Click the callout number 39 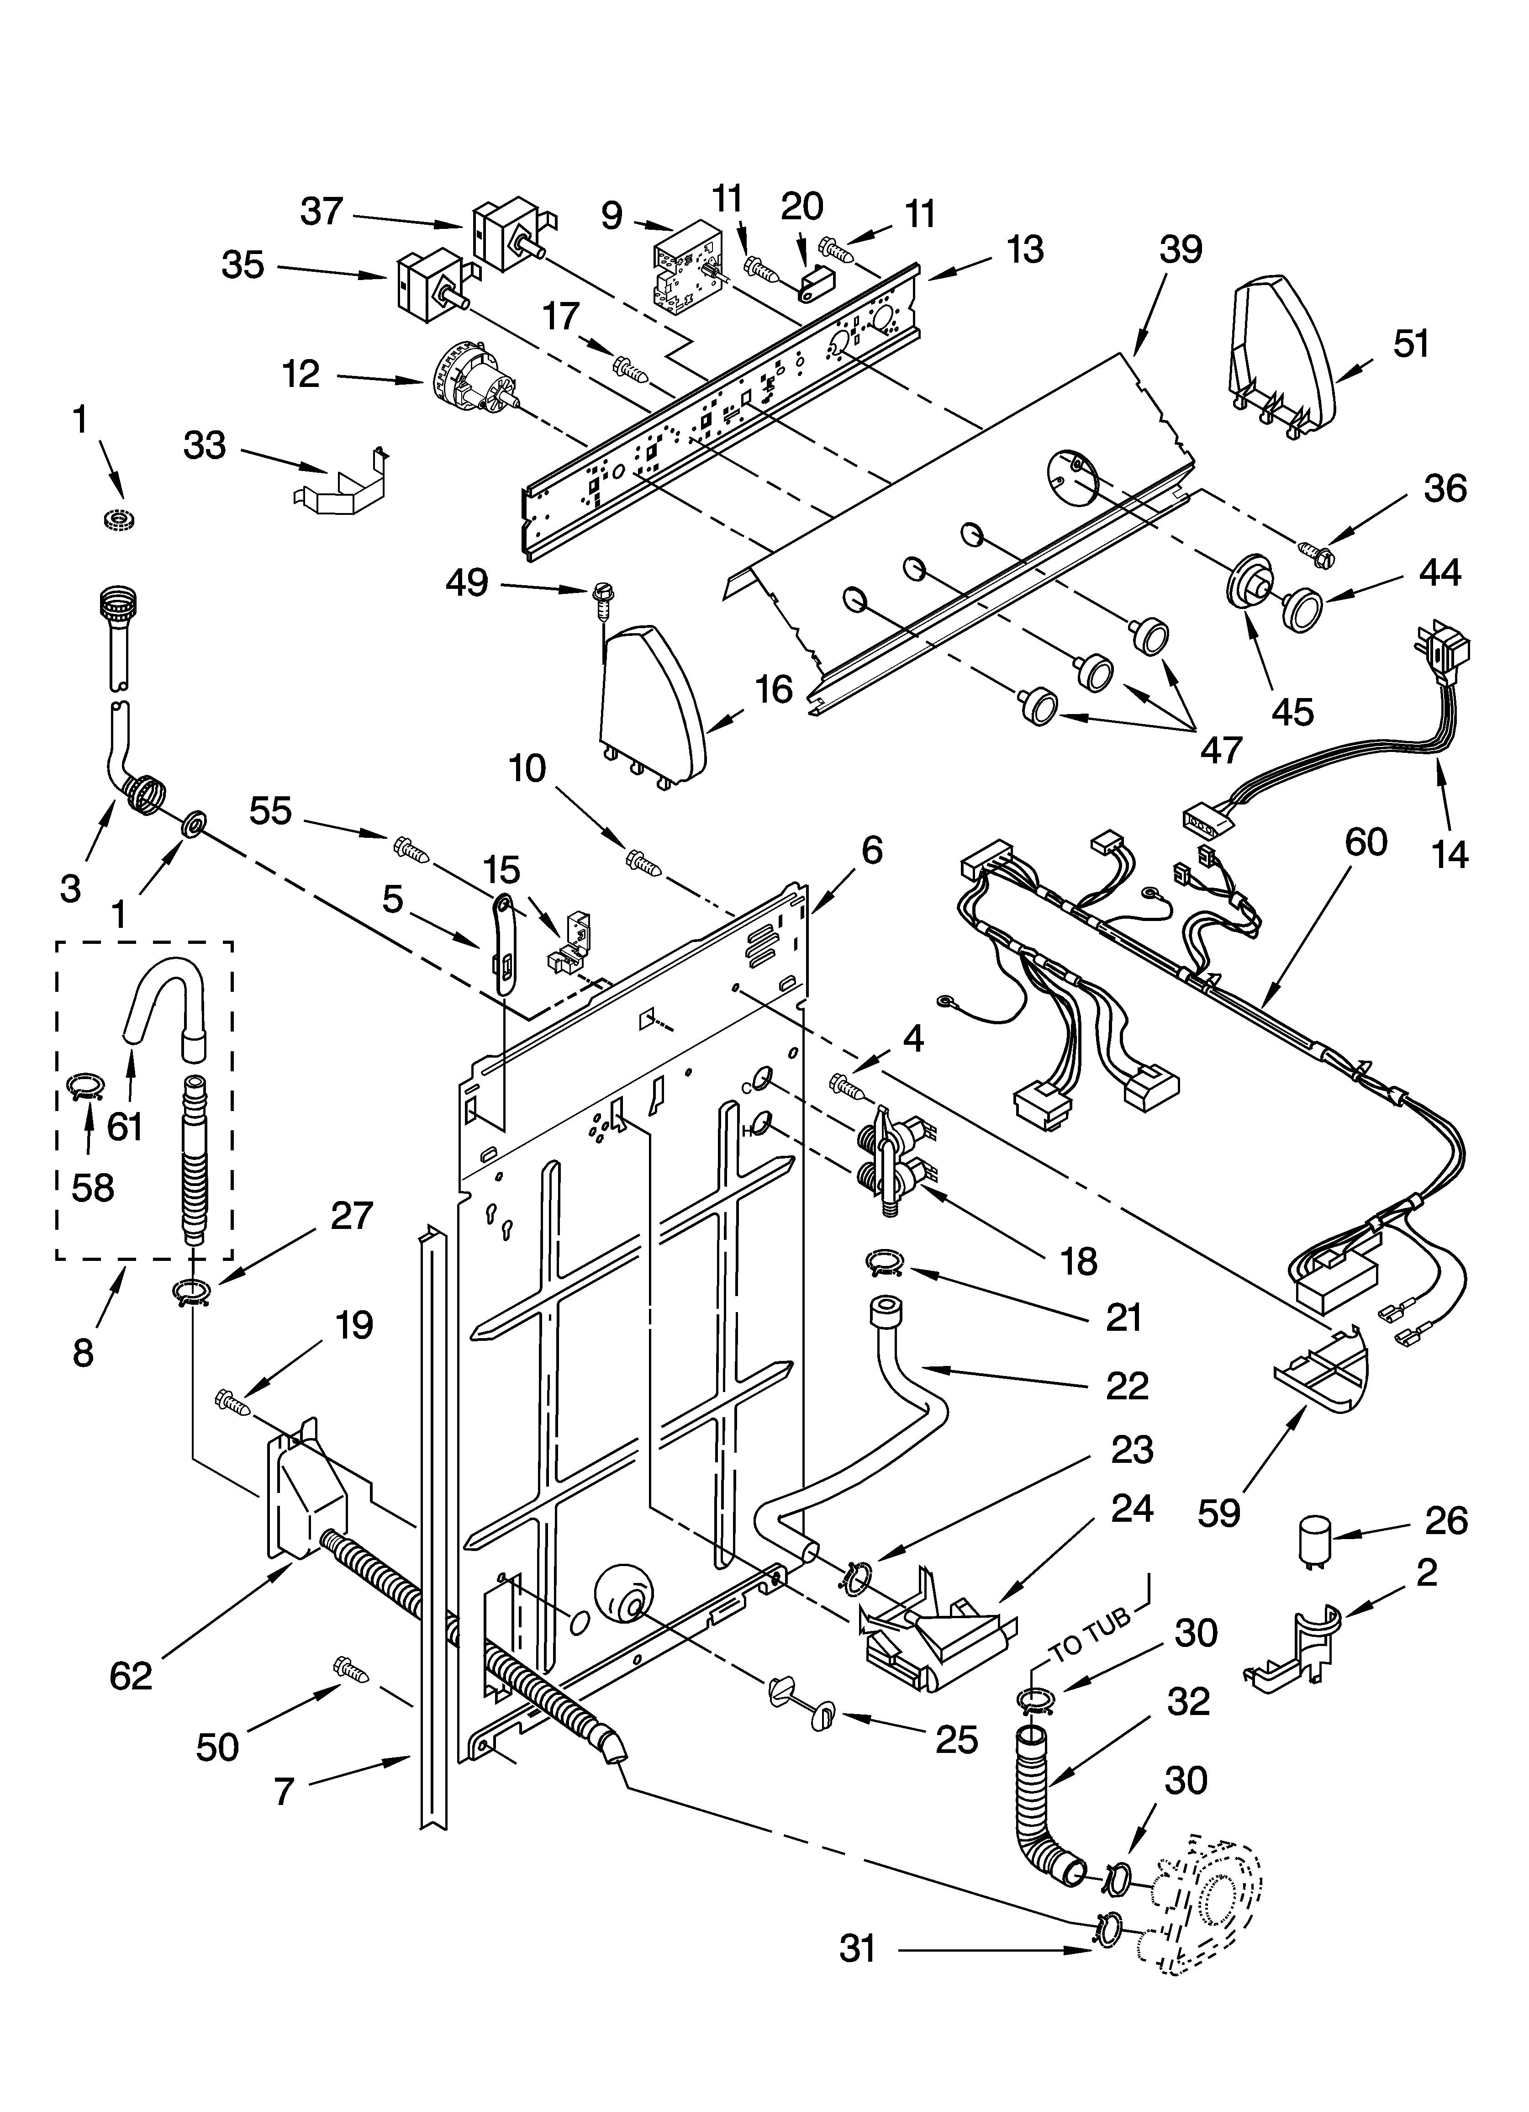point(1181,249)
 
